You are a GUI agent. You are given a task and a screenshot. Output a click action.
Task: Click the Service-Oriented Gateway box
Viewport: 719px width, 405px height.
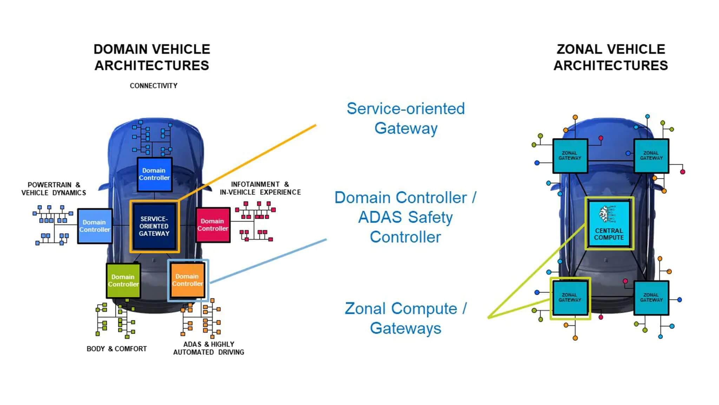(154, 226)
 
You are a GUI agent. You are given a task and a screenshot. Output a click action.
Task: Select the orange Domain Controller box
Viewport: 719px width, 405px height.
(187, 280)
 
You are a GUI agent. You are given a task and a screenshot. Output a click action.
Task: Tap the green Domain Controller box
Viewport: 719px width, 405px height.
(123, 281)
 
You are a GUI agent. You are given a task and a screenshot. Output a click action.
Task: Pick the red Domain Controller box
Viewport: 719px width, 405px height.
(213, 225)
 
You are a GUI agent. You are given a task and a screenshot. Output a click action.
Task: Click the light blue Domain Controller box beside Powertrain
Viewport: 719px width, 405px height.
(94, 226)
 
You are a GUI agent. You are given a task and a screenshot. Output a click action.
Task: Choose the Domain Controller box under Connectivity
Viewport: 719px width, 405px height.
(154, 174)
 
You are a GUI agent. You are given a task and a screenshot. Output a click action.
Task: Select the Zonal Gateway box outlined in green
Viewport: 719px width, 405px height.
(570, 298)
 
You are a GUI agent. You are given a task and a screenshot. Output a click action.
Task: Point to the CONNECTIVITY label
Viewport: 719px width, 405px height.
(153, 86)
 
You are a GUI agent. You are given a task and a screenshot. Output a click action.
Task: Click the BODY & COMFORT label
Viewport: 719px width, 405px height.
(117, 349)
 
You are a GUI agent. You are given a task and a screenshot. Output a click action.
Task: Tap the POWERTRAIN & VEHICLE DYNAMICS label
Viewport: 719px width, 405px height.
(54, 189)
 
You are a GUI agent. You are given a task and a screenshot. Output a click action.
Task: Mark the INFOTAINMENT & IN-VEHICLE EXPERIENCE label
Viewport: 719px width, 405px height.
(260, 188)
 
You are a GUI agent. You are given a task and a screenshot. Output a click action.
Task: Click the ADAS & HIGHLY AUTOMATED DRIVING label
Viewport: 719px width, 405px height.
(209, 348)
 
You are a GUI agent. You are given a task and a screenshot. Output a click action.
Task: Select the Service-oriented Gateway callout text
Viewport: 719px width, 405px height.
(406, 118)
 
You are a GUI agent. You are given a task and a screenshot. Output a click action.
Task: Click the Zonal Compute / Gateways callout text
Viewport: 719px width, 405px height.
(406, 318)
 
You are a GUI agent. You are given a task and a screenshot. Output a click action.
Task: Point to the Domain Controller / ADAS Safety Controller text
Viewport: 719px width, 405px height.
(405, 217)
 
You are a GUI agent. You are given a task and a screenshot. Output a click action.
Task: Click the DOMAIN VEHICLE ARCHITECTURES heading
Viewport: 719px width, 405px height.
(152, 57)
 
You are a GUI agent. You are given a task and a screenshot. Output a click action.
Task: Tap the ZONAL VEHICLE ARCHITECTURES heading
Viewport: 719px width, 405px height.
(611, 57)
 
